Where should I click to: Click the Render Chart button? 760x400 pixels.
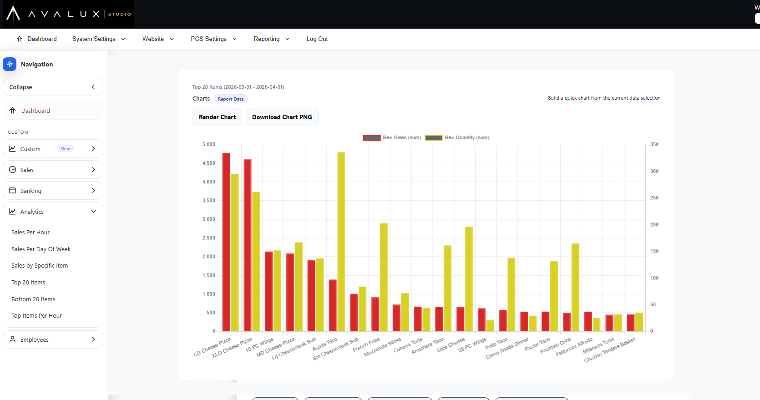click(x=217, y=117)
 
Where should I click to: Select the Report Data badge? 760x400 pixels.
click(x=231, y=99)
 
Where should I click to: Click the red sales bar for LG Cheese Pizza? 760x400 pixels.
click(x=226, y=242)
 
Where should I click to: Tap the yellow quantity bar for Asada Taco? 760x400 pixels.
click(x=341, y=242)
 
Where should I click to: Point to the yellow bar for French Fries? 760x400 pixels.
click(x=384, y=277)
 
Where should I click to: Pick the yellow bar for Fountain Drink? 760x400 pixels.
click(x=575, y=287)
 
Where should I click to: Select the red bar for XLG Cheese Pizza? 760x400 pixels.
click(x=248, y=245)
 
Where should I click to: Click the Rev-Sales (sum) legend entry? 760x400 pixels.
click(x=392, y=138)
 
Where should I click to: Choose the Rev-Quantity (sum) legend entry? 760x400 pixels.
click(x=457, y=138)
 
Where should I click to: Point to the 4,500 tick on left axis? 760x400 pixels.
click(x=209, y=163)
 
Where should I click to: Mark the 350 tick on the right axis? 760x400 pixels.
click(x=654, y=145)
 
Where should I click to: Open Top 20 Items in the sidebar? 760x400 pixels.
click(x=28, y=282)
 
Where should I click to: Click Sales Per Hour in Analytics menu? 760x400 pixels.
click(x=30, y=233)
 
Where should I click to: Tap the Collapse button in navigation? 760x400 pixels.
click(x=53, y=87)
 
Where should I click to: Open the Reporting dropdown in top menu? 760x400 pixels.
click(x=271, y=39)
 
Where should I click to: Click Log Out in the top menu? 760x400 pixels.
click(x=317, y=39)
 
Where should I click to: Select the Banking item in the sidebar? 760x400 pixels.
click(x=53, y=191)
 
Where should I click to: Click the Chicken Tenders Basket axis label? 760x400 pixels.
click(x=610, y=350)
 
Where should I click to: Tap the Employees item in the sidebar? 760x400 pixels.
click(x=53, y=339)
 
